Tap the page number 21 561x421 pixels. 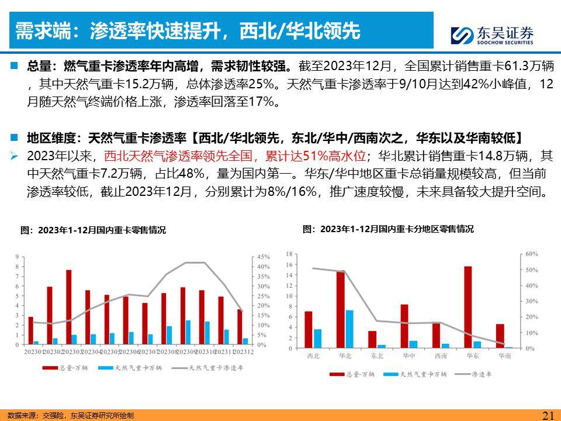point(548,415)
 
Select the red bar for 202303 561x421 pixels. point(68,307)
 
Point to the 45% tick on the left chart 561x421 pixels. point(263,257)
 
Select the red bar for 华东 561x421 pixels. point(467,307)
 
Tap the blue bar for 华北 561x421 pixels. point(349,329)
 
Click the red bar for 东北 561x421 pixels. point(372,339)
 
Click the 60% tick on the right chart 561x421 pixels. point(531,254)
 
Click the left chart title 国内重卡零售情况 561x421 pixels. point(93,230)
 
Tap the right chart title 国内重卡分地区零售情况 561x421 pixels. point(388,229)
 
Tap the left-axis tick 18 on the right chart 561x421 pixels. point(288,254)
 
